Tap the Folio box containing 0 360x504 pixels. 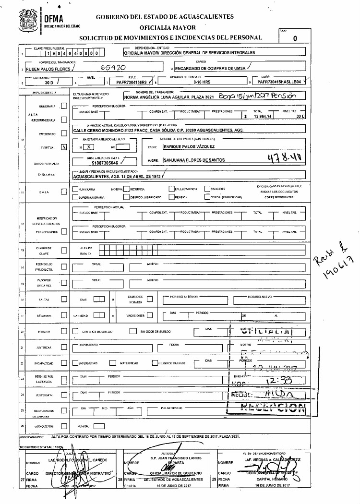[x=295, y=38]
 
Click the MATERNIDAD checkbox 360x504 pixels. [x=114, y=362]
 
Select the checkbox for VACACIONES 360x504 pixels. [x=149, y=315]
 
